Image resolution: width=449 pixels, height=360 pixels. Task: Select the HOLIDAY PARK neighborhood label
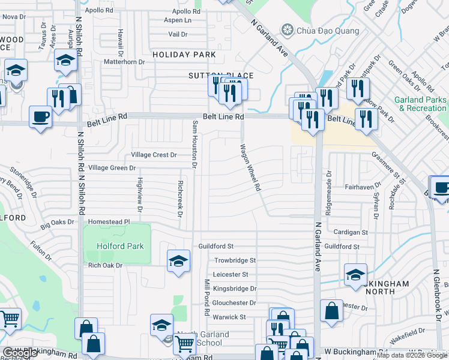184,55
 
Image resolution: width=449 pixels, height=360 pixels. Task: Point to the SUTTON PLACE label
221,76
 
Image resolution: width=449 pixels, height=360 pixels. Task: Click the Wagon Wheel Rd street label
250,167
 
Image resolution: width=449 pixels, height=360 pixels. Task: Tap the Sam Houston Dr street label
194,144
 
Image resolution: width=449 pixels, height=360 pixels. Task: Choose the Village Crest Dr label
154,155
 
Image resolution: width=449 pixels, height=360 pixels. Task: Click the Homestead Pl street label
109,221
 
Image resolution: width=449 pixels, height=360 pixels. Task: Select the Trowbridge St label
235,261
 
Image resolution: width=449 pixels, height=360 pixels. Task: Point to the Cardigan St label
351,232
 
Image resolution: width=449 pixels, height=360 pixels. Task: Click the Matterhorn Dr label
125,62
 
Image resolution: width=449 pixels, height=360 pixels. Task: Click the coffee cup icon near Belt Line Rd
41,116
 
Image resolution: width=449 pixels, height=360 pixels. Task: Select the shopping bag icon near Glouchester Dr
331,311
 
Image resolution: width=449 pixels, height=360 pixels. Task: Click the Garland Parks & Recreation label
420,104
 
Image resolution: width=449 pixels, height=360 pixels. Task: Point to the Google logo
20,353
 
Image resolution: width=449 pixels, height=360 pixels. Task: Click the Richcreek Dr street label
180,199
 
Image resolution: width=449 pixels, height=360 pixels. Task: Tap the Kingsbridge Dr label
239,289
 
